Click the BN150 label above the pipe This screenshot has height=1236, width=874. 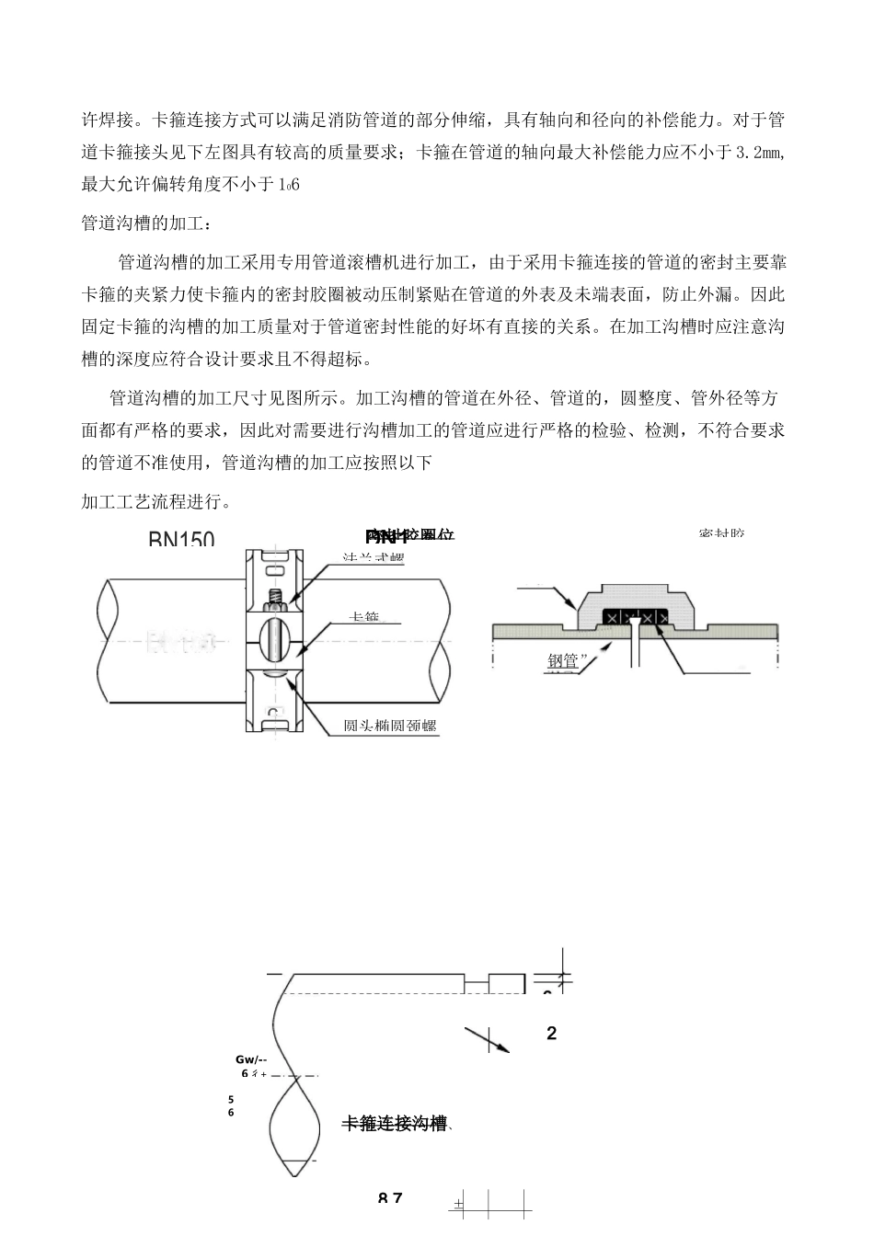[181, 539]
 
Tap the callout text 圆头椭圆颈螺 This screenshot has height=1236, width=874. [389, 726]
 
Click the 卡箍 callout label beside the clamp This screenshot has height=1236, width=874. [365, 617]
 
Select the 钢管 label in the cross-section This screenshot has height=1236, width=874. [562, 660]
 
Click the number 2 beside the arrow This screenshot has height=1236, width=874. [551, 1034]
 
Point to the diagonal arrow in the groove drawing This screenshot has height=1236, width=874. [487, 1038]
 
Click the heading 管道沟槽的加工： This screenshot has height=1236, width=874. [146, 223]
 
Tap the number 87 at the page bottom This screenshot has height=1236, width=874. [390, 1197]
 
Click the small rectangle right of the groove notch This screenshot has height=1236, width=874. [506, 983]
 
